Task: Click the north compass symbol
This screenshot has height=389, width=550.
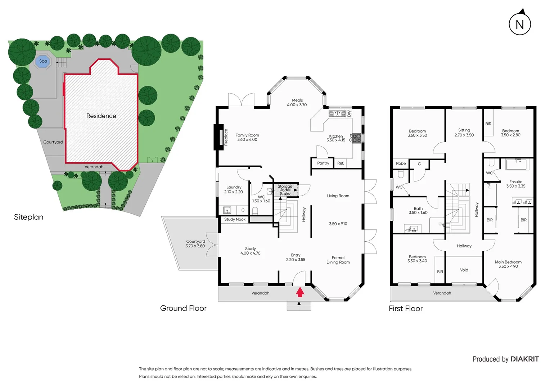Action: click(520, 24)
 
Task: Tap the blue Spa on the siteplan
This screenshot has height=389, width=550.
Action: click(43, 61)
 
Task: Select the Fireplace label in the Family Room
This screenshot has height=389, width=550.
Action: click(226, 137)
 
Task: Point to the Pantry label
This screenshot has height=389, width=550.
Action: click(323, 163)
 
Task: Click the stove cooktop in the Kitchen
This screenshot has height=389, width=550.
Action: click(356, 138)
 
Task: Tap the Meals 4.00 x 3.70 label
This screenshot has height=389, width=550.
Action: click(297, 103)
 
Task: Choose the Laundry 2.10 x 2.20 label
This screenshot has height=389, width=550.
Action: click(234, 189)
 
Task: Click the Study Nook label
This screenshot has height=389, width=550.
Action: click(235, 219)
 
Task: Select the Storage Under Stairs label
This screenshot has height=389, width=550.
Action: click(285, 190)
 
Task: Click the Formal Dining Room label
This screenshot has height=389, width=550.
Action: click(338, 260)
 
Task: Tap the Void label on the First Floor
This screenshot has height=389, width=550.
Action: click(464, 270)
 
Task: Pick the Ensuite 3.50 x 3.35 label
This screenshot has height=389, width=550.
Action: click(515, 184)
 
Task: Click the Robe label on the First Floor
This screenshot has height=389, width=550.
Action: click(401, 164)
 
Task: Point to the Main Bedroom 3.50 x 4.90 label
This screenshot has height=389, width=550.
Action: click(508, 264)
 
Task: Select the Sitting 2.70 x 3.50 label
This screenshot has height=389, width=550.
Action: click(464, 133)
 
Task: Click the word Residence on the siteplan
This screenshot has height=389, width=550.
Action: click(101, 116)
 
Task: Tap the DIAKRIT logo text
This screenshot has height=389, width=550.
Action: click(524, 359)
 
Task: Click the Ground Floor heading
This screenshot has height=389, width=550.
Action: click(183, 308)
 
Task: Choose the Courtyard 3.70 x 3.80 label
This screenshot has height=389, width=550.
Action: click(195, 244)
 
